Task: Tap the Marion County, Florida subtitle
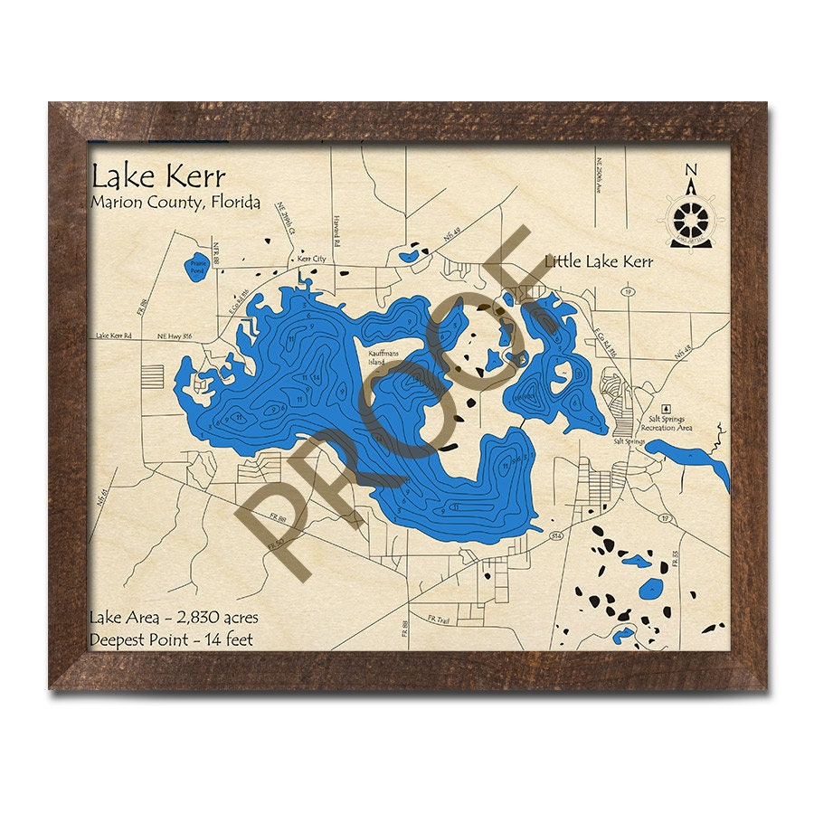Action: [x=175, y=202]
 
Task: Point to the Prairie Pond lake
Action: [x=196, y=265]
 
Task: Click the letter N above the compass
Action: [x=691, y=169]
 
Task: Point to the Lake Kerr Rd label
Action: [x=113, y=336]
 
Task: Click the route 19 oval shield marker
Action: [x=626, y=292]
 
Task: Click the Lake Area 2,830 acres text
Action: [x=174, y=618]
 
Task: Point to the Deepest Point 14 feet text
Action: [x=171, y=639]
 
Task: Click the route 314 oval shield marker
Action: [x=555, y=536]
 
